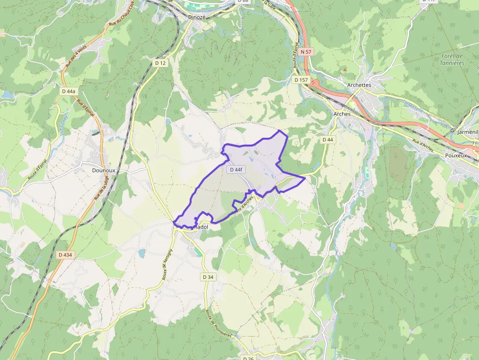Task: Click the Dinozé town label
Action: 196,17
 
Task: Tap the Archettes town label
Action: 359,85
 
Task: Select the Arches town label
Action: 342,114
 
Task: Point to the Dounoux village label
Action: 104,170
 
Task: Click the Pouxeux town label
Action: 456,155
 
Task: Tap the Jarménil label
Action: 468,132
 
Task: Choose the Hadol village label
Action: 201,227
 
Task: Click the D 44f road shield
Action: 236,169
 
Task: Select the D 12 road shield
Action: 160,63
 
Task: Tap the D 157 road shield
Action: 301,80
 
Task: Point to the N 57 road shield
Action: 306,51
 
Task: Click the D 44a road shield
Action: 69,91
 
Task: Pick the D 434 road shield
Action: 65,254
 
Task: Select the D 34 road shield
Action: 208,277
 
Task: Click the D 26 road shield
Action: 248,358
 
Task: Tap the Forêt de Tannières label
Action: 452,60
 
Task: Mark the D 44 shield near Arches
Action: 327,140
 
